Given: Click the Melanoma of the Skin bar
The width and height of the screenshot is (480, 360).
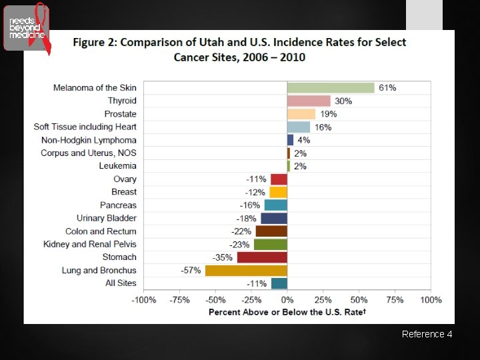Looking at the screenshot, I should (331, 88).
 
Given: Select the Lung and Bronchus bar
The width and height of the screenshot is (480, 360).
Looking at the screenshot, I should (246, 270).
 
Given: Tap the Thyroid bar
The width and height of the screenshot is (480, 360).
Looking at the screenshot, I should (309, 101).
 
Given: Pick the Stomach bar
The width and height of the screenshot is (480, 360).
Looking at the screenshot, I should (262, 257).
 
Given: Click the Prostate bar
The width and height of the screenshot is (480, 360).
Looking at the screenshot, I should (301, 114).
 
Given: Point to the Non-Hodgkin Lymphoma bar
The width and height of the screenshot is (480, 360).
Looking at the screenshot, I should (290, 140).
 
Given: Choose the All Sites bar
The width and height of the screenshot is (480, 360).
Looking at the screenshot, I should (279, 283).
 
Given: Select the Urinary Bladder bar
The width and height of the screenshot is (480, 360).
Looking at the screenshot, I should (274, 218).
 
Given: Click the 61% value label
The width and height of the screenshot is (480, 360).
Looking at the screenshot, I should (387, 88).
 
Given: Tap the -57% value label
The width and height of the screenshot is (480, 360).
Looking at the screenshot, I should (191, 270).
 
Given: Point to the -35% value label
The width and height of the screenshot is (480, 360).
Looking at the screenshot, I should (222, 257).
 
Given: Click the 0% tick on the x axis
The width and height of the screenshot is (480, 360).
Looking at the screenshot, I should (287, 300).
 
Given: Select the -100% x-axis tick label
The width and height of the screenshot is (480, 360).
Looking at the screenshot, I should (143, 300).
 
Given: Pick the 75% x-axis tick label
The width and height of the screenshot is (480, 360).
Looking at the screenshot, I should (395, 300).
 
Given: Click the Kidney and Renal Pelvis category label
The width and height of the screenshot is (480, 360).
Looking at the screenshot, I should (90, 244).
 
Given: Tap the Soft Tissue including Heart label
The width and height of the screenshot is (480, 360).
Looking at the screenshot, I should (85, 127).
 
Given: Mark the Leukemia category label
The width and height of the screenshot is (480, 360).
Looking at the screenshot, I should (118, 166).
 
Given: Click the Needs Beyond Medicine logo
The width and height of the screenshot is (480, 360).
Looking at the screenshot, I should (27, 28).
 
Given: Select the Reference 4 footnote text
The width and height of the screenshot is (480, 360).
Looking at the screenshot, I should (427, 334).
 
